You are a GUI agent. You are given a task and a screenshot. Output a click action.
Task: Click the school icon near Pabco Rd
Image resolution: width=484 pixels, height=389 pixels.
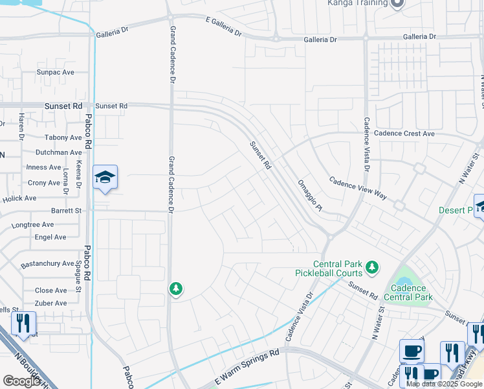(x=105, y=177)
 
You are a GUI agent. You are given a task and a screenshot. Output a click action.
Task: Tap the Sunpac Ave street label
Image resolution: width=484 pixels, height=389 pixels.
(x=56, y=72)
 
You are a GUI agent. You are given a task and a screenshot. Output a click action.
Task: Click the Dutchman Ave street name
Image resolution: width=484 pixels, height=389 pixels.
(x=59, y=152)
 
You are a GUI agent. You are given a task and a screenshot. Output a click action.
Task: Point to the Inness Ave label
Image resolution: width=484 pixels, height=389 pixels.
(x=44, y=167)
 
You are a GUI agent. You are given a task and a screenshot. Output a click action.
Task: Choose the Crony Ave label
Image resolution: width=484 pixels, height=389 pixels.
(x=44, y=183)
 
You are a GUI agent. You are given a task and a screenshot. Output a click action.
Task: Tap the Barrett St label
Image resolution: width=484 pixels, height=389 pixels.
(x=67, y=211)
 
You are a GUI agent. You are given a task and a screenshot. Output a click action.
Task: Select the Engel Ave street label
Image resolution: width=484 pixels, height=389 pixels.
(x=50, y=237)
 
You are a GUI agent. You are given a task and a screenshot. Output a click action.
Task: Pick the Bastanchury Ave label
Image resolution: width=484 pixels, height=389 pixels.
(x=47, y=263)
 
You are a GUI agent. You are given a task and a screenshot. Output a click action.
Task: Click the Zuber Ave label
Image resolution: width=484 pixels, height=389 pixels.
(x=50, y=303)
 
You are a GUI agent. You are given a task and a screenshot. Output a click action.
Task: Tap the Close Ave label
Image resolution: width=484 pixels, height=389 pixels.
(x=50, y=290)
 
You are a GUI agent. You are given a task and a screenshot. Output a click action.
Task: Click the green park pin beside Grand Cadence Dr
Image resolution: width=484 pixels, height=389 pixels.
(x=175, y=289)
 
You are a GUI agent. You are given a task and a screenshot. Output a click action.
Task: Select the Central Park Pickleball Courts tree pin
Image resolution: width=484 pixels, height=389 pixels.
(x=371, y=266)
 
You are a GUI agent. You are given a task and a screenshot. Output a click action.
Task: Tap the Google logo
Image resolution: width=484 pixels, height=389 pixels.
(x=22, y=381)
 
